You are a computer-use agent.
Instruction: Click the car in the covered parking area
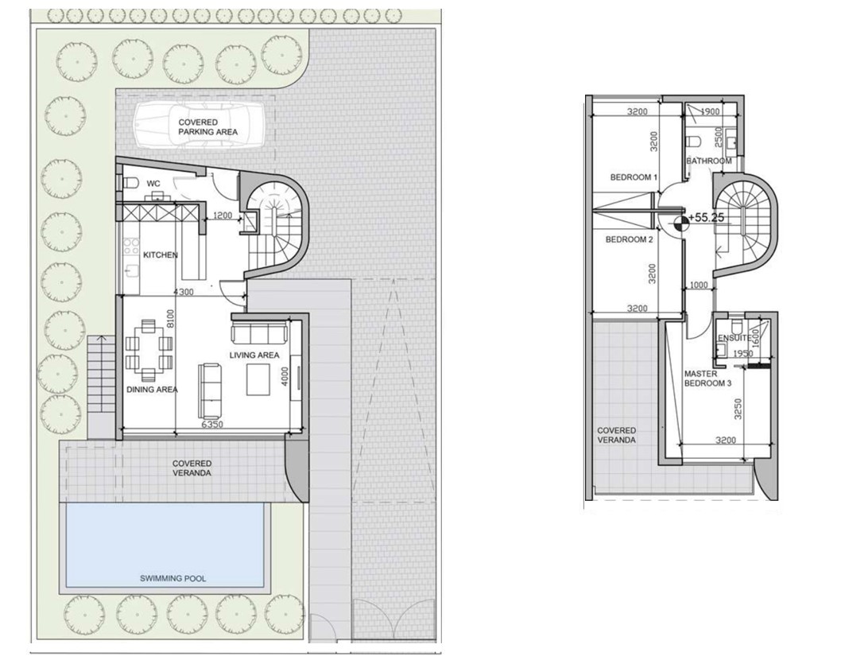point(199,126)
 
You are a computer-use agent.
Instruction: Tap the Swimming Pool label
point(172,578)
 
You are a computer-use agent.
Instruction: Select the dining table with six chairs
point(149,349)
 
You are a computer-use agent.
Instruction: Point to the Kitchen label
point(160,255)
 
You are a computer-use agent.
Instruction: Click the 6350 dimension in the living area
point(212,425)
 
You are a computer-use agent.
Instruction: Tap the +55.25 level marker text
point(706,217)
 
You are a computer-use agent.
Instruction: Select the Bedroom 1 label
point(634,177)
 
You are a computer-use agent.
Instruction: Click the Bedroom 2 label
point(629,239)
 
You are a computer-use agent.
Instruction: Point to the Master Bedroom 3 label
point(707,379)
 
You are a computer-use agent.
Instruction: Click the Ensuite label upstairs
point(733,338)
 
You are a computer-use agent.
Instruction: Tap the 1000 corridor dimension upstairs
point(699,285)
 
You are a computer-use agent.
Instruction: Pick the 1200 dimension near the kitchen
point(223,215)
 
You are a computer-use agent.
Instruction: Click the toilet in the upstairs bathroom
point(693,142)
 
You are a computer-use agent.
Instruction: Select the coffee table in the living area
point(258,379)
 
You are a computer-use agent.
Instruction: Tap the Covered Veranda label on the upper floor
point(616,435)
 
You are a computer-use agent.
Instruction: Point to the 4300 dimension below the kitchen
point(183,292)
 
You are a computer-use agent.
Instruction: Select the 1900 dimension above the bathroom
point(711,111)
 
